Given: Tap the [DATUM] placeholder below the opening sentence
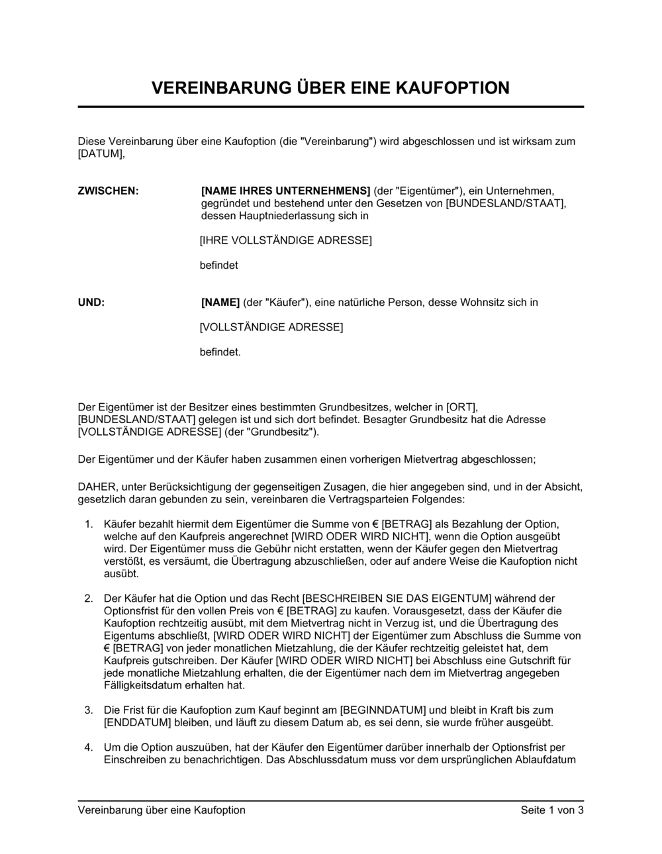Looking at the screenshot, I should (x=101, y=154).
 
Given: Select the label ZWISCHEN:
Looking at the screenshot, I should (x=109, y=191).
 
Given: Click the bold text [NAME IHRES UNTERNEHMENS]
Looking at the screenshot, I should (x=285, y=191).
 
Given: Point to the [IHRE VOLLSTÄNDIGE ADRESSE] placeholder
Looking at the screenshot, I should (x=285, y=240).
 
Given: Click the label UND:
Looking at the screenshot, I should (x=91, y=303).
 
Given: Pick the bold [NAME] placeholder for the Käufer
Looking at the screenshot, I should (x=220, y=303).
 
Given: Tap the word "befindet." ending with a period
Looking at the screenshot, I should (x=220, y=352).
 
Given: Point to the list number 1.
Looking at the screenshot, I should (x=89, y=524).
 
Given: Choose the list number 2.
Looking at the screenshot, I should (x=89, y=598).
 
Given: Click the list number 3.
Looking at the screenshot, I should (x=89, y=710).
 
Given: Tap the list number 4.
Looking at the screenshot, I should (x=89, y=747).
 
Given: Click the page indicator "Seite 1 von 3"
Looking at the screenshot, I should (x=552, y=810).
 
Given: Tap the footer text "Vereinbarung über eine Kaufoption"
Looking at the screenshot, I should (x=162, y=810).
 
